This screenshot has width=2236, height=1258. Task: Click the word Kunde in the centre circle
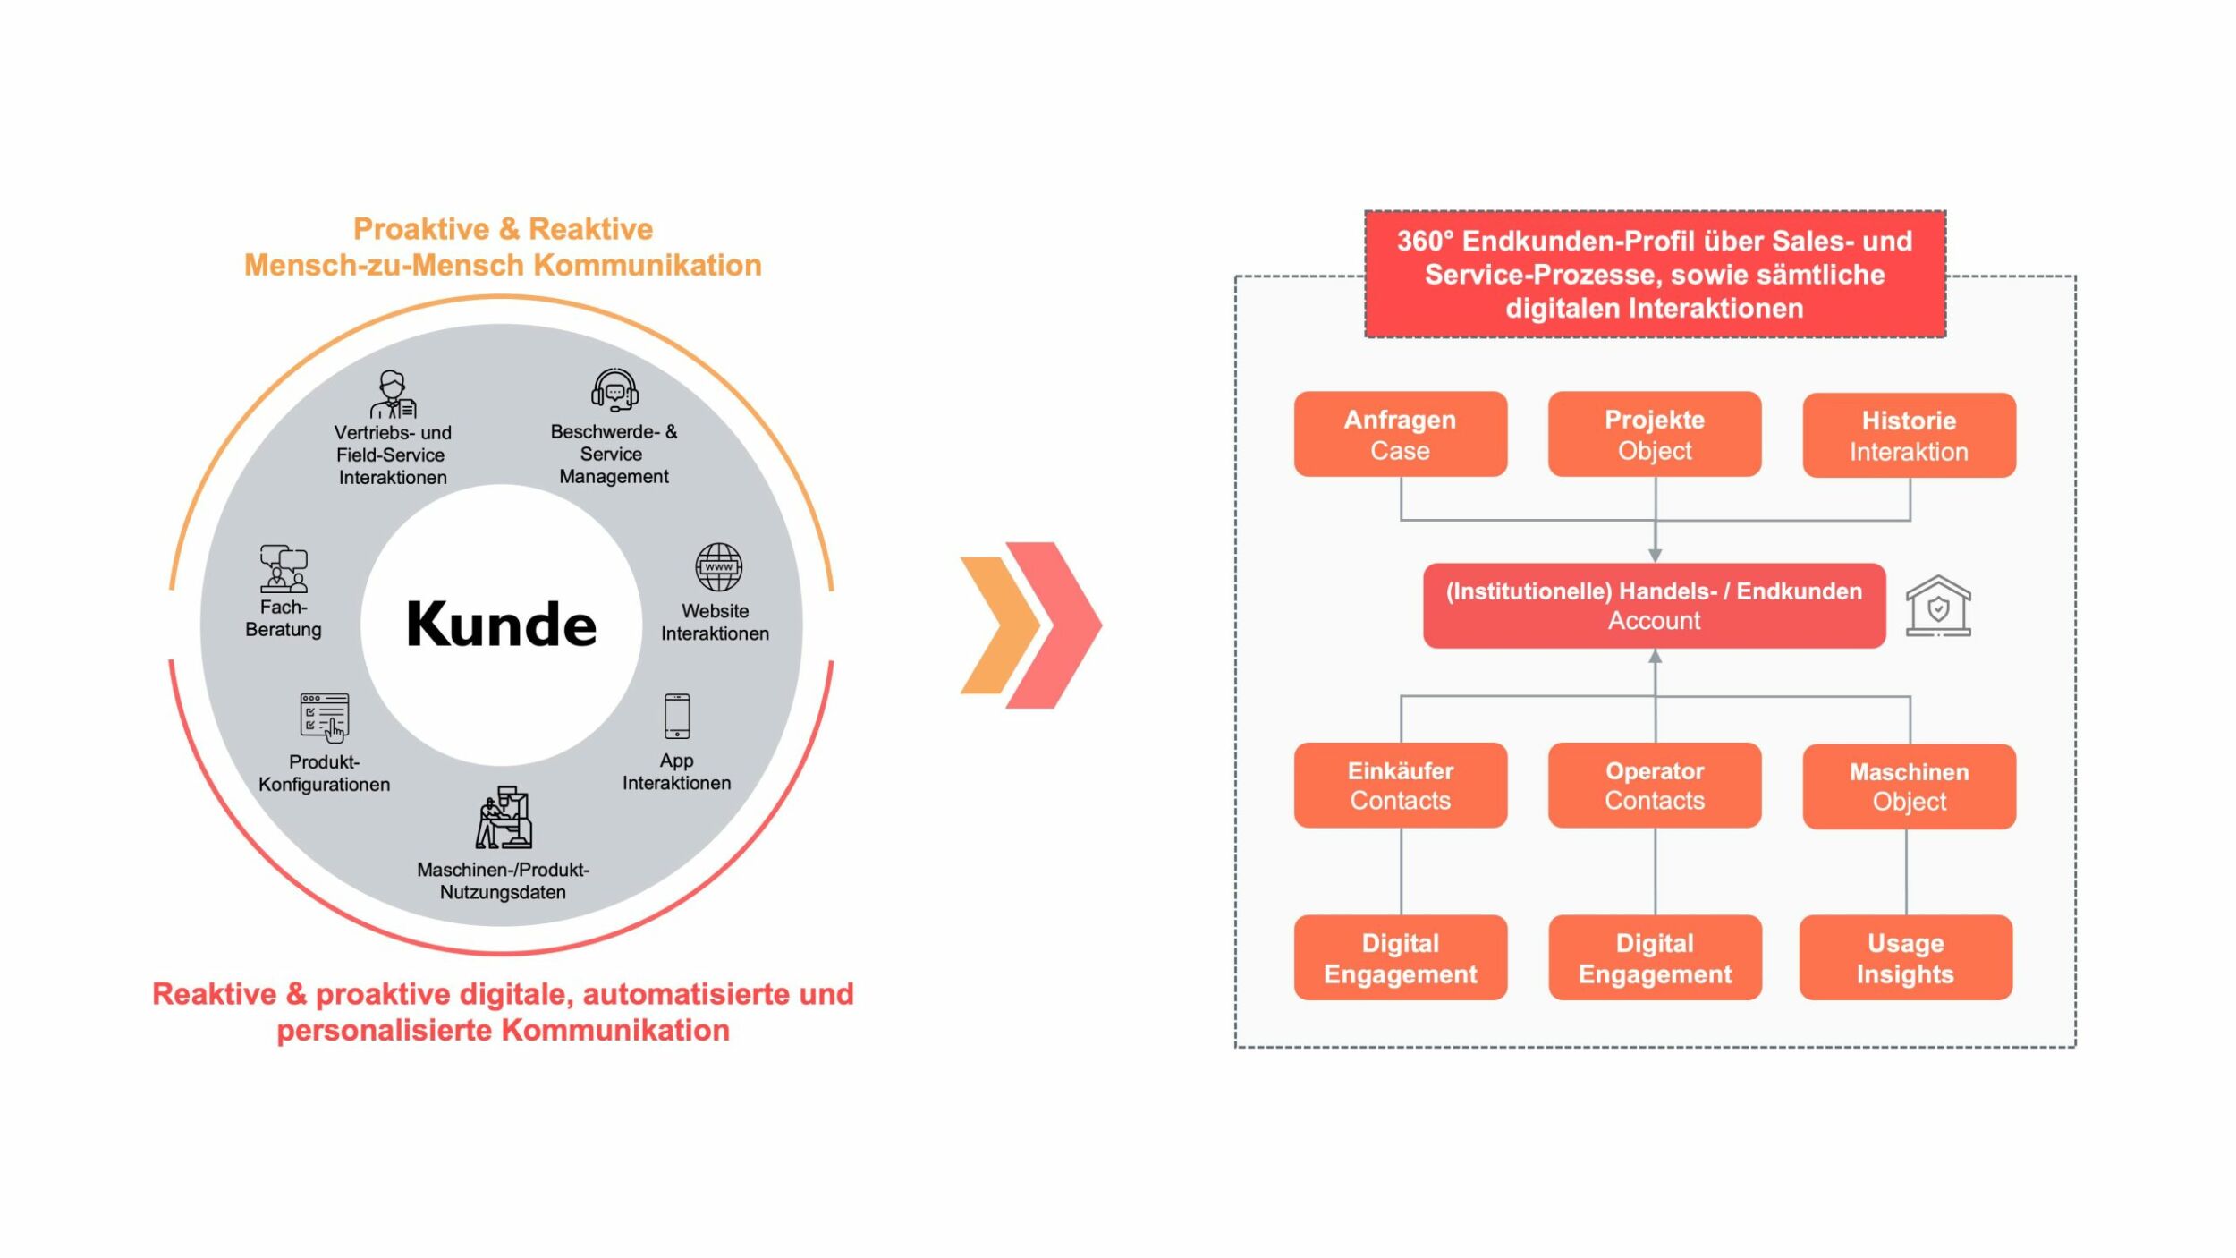pyautogui.click(x=501, y=624)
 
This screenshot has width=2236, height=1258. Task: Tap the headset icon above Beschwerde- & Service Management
pyautogui.click(x=614, y=390)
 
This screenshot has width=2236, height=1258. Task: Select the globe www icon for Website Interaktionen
pyautogui.click(x=718, y=566)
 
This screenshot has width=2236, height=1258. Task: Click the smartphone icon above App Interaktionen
pyautogui.click(x=677, y=715)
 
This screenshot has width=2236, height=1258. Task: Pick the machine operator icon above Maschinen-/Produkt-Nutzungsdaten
pyautogui.click(x=504, y=818)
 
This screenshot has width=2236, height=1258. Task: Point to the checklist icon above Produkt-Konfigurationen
pyautogui.click(x=325, y=717)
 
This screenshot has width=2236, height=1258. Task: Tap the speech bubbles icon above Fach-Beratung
pyautogui.click(x=284, y=568)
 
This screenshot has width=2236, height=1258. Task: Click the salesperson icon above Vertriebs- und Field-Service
pyautogui.click(x=393, y=394)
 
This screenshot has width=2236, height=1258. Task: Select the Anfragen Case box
pyautogui.click(x=1400, y=434)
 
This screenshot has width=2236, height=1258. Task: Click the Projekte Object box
pyautogui.click(x=1654, y=434)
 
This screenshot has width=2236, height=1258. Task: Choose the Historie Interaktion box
pyautogui.click(x=1909, y=435)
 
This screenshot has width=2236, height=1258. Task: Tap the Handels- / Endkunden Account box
pyautogui.click(x=1654, y=605)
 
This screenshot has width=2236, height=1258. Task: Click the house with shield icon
pyautogui.click(x=1937, y=606)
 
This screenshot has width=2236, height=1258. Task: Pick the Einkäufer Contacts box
pyautogui.click(x=1400, y=785)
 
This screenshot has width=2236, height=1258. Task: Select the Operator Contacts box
pyautogui.click(x=1654, y=785)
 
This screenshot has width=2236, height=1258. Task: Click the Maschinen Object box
pyautogui.click(x=1909, y=786)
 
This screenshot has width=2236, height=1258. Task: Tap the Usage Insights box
pyautogui.click(x=1905, y=956)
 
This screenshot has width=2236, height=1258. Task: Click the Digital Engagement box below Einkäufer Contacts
pyautogui.click(x=1400, y=956)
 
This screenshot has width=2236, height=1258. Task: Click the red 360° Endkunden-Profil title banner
pyautogui.click(x=1654, y=274)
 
